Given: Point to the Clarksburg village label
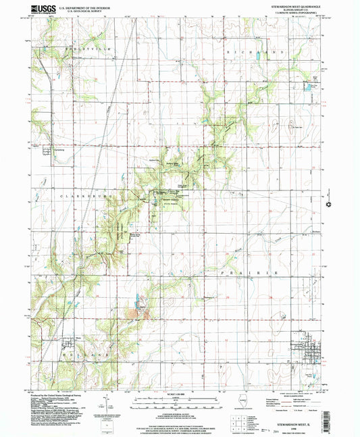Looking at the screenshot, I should pyautogui.click(x=49, y=148).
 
